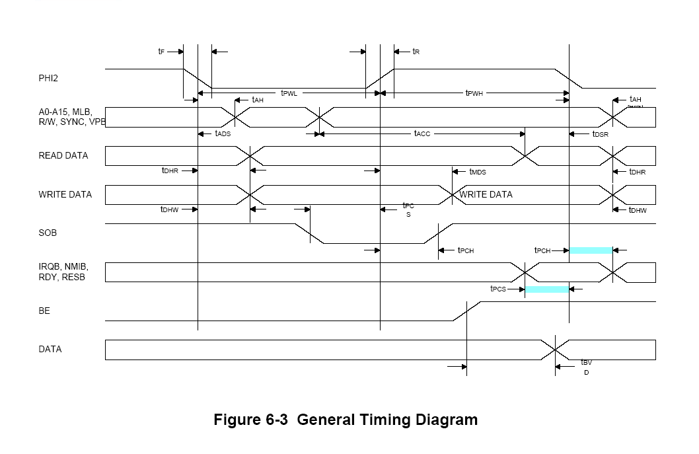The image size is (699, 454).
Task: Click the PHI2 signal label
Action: pos(49,78)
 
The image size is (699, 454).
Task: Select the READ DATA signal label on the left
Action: pos(63,156)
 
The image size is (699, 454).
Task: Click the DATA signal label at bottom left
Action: pos(50,349)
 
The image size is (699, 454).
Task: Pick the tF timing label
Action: pos(161,52)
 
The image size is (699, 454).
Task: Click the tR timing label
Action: pos(416,52)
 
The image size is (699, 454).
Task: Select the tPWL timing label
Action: pos(289,93)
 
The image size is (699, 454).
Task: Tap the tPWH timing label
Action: pos(474,93)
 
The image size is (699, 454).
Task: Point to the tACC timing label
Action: pos(422,133)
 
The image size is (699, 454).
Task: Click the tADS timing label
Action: pos(223,133)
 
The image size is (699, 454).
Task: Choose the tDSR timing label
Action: pos(600,134)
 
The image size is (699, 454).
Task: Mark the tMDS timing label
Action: pos(477,172)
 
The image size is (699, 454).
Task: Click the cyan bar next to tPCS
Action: pos(546,289)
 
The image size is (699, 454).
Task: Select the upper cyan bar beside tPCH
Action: pos(591,250)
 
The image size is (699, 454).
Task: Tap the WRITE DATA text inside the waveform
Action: pos(486,195)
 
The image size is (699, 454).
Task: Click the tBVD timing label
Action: pos(586,366)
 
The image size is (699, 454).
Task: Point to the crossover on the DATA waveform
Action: pos(555,349)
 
